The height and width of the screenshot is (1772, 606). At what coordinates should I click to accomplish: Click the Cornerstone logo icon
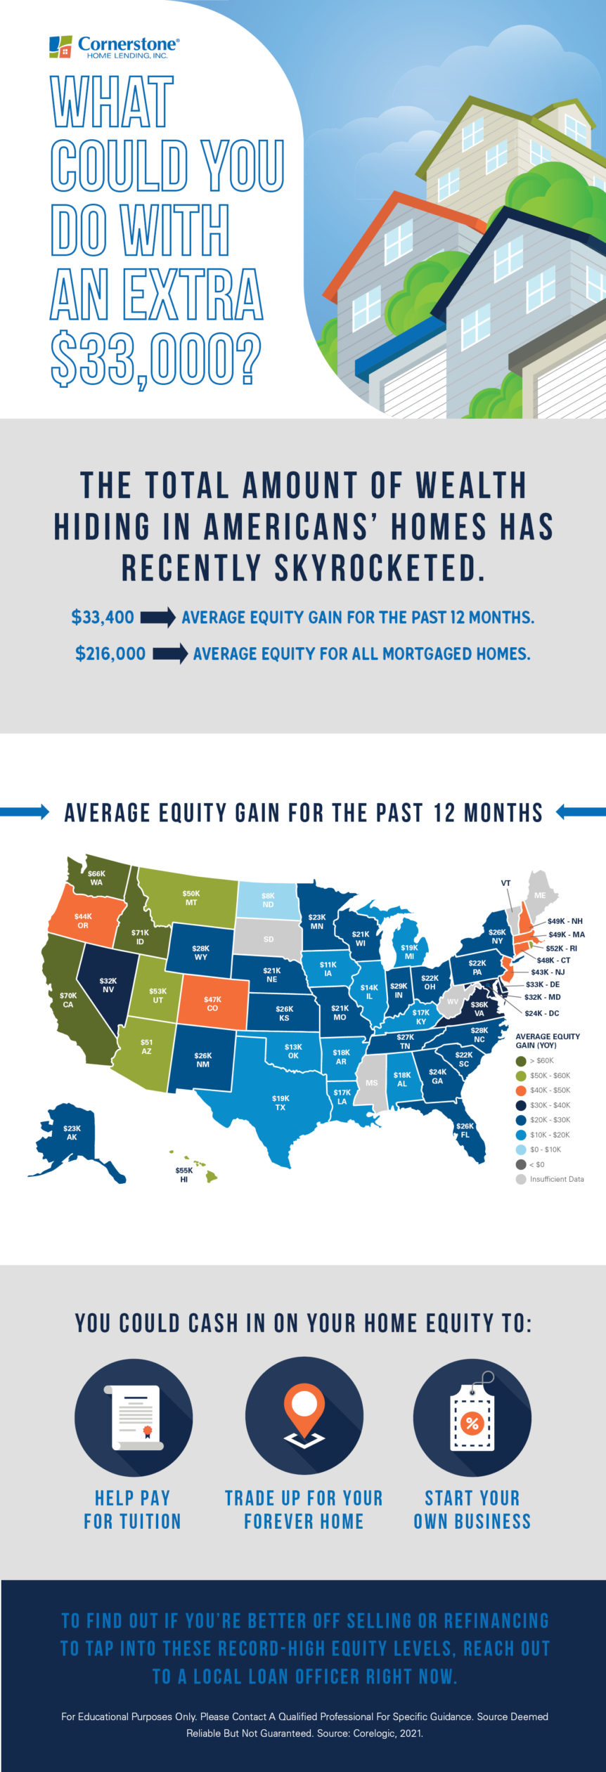pos(60,46)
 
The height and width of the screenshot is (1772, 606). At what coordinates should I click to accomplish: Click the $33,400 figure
pos(103,618)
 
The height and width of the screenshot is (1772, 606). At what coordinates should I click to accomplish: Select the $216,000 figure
pos(110,653)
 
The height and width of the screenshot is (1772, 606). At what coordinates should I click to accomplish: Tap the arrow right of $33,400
pos(158,618)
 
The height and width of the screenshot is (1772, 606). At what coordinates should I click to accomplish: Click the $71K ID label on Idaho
pos(140,937)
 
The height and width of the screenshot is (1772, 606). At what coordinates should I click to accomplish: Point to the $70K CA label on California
pos(67,1000)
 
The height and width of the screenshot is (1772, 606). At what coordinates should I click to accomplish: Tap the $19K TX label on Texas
pos(281,1102)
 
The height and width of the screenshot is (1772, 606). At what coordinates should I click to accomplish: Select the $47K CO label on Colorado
pos(212,1003)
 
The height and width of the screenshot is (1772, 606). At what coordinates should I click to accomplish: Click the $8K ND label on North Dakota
pos(268,900)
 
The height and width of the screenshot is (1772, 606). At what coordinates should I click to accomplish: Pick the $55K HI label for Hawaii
pos(184,1175)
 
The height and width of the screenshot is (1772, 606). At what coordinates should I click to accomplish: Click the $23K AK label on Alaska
pos(72,1133)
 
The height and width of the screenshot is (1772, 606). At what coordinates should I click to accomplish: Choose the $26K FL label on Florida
pos(465,1130)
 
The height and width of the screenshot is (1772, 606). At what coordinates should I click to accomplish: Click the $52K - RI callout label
pos(561,948)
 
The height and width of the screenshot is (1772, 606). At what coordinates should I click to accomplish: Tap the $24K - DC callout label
pos(541,1013)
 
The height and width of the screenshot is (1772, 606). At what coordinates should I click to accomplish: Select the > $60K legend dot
pos(521,1060)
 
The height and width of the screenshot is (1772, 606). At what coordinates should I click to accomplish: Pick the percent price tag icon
pos(472,1416)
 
